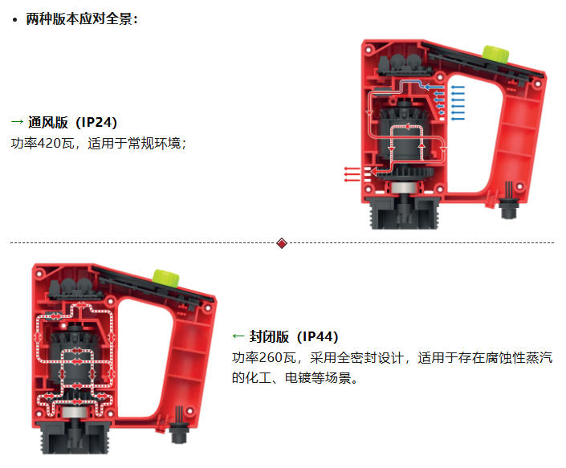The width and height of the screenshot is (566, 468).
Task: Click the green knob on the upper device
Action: [496, 55]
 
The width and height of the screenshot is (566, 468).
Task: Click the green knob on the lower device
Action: [166, 278]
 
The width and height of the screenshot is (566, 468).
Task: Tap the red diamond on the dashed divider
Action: [282, 243]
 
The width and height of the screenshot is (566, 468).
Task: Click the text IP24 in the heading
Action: [96, 122]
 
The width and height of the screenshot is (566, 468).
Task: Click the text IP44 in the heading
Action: [318, 336]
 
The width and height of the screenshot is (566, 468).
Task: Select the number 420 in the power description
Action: [49, 143]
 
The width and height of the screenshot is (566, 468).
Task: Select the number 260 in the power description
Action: [271, 357]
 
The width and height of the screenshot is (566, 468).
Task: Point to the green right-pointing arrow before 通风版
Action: [17, 121]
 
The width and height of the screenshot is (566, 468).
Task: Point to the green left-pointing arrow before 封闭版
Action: [238, 336]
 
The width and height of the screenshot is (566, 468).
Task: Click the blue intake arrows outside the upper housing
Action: [458, 103]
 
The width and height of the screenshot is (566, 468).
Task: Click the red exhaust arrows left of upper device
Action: [352, 174]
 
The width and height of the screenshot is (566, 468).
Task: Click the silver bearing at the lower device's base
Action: [75, 412]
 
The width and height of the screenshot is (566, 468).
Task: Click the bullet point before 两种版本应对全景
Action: [14, 20]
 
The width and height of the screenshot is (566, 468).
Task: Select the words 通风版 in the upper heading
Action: [48, 122]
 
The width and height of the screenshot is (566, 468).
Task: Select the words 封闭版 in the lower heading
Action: [269, 336]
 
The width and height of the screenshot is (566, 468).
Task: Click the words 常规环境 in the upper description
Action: [154, 143]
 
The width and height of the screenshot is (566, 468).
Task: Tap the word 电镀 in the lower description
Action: [298, 378]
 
